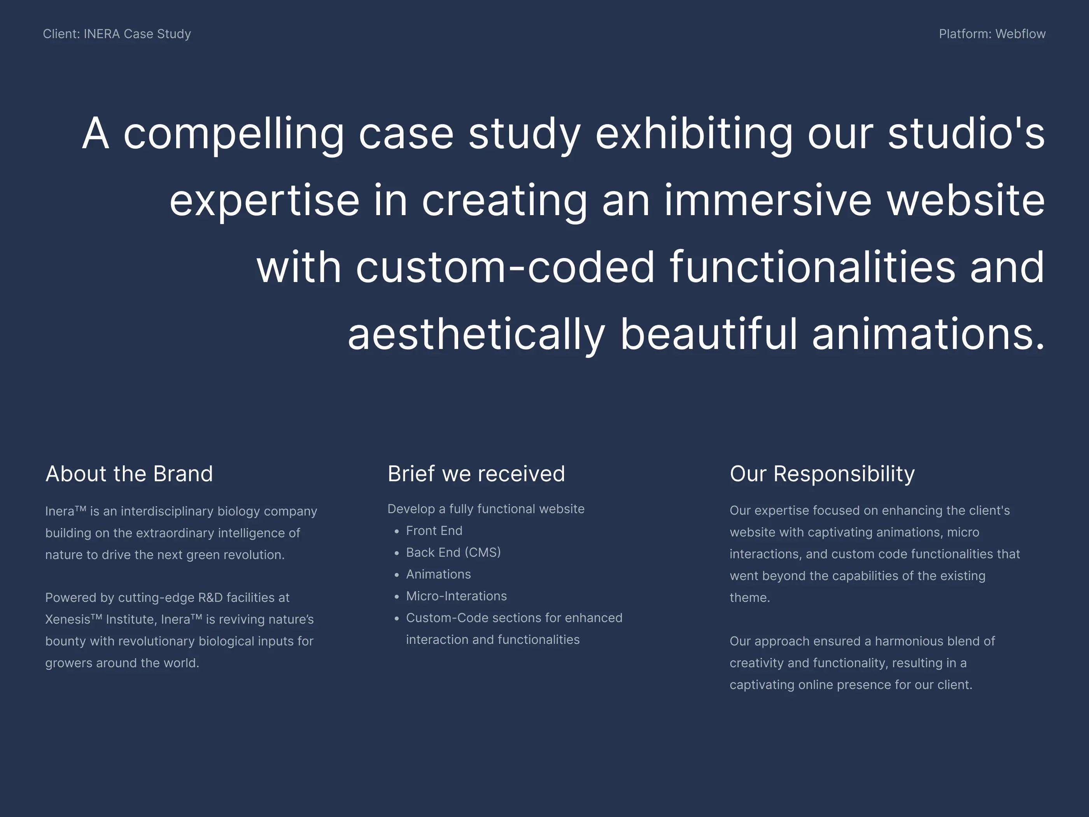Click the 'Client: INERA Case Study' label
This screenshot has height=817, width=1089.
click(117, 34)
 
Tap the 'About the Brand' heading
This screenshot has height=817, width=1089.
click(129, 474)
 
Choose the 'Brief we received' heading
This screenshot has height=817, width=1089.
click(476, 474)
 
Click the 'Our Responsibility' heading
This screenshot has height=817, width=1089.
click(822, 474)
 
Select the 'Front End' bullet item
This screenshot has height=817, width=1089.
click(434, 531)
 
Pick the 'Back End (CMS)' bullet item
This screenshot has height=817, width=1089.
click(453, 552)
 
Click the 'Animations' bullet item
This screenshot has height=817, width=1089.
click(438, 574)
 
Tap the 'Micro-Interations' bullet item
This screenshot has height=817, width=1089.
click(456, 596)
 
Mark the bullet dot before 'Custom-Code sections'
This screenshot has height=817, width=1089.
click(397, 619)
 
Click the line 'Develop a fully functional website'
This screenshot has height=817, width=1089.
click(485, 509)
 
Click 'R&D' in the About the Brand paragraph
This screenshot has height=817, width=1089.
click(210, 598)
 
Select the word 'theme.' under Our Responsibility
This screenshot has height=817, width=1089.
click(749, 598)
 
